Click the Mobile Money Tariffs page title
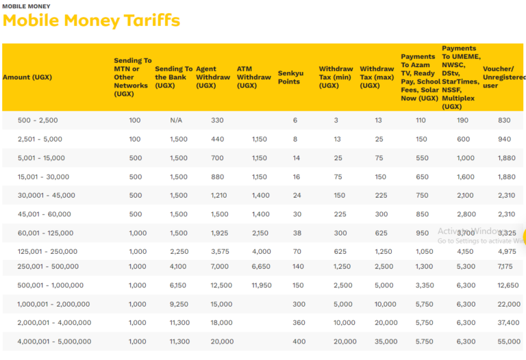[x=91, y=21]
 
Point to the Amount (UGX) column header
[x=27, y=77]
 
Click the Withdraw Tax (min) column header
[x=336, y=77]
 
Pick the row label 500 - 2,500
[x=38, y=120]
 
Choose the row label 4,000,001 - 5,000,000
[x=54, y=342]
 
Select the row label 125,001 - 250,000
[x=47, y=252]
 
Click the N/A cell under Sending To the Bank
[x=176, y=120]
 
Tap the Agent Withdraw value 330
[x=217, y=120]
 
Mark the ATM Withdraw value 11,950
[x=262, y=285]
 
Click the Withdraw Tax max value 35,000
[x=386, y=342]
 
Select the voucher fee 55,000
[x=509, y=342]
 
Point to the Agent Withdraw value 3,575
[x=220, y=252]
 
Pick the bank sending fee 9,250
[x=178, y=304]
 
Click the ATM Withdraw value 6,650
[x=262, y=266]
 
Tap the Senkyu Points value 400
[x=299, y=342]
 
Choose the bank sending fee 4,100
[x=178, y=266]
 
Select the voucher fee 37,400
[x=509, y=323]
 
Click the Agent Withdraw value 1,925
[x=220, y=233]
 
